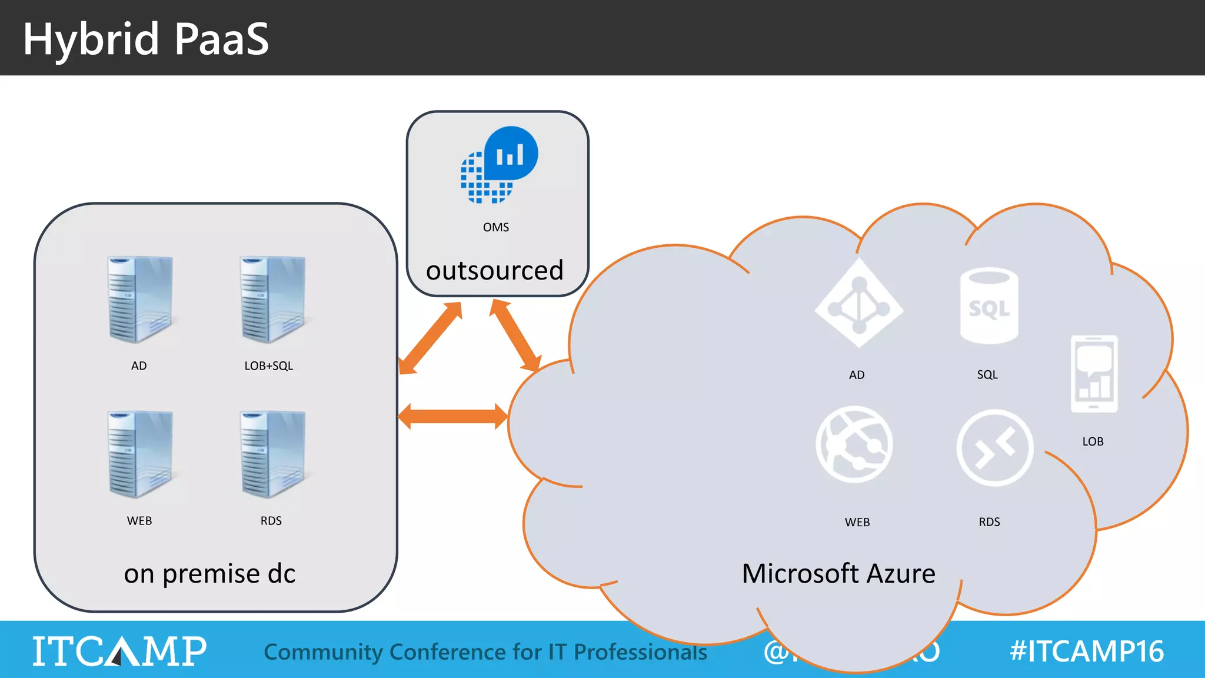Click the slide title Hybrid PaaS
point(145,39)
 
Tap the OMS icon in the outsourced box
point(499,165)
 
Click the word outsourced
point(495,270)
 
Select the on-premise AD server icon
point(140,300)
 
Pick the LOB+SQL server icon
point(272,300)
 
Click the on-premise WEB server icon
point(140,454)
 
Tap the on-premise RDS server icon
point(272,454)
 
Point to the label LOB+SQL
point(268,365)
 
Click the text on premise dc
point(209,573)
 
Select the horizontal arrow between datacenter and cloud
point(452,417)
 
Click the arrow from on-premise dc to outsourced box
point(431,338)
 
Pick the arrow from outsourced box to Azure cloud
point(515,335)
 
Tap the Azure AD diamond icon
point(859,303)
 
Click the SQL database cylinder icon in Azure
point(989,306)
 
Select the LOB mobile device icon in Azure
point(1094,374)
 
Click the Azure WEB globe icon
point(854,444)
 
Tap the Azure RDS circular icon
point(994,448)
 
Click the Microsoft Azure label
point(838,573)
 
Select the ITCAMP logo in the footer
point(119,651)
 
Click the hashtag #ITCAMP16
point(1086,651)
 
